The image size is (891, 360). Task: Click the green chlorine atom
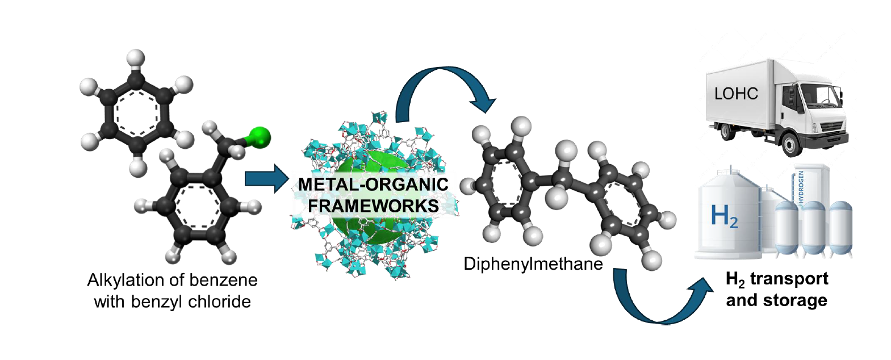click(x=261, y=137)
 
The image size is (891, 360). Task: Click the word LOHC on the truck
click(x=736, y=94)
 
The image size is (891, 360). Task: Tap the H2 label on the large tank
click(x=724, y=216)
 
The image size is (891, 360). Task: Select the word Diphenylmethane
click(x=533, y=264)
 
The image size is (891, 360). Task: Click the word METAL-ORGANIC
click(x=373, y=185)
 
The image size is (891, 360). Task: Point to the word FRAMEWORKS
click(x=373, y=206)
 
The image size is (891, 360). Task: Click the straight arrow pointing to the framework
click(x=266, y=179)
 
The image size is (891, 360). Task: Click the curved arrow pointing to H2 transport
click(x=659, y=301)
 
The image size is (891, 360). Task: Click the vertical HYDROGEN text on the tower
click(x=801, y=187)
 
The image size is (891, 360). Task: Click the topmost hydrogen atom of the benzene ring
click(x=136, y=57)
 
